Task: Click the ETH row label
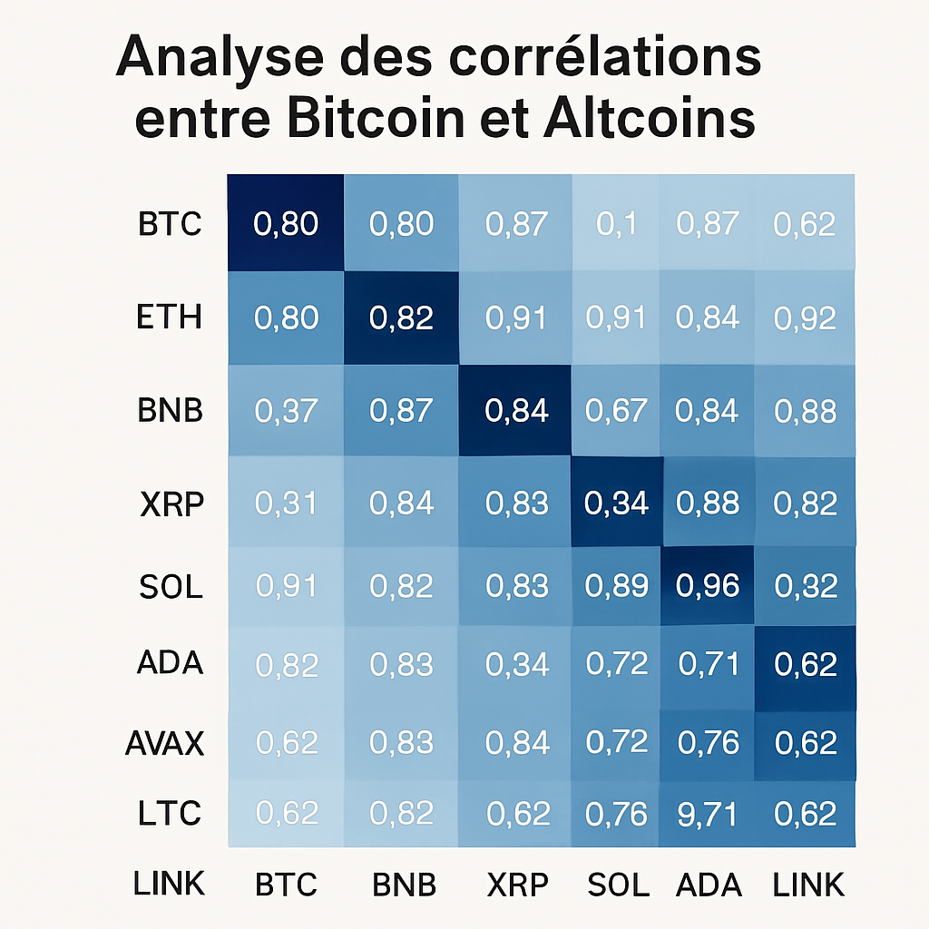pyautogui.click(x=171, y=318)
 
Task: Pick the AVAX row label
pyautogui.click(x=164, y=744)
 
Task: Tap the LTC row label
pyautogui.click(x=170, y=813)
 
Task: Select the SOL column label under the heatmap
pyautogui.click(x=618, y=885)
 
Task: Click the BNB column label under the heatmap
pyautogui.click(x=404, y=885)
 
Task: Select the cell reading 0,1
pyautogui.click(x=617, y=223)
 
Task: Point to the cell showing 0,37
pyautogui.click(x=286, y=411)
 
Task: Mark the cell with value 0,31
pyautogui.click(x=286, y=502)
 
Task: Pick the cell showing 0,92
pyautogui.click(x=805, y=318)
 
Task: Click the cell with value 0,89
pyautogui.click(x=617, y=586)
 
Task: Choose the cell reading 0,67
pyautogui.click(x=617, y=411)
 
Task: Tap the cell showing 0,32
pyautogui.click(x=805, y=586)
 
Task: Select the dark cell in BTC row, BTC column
pyautogui.click(x=286, y=223)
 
